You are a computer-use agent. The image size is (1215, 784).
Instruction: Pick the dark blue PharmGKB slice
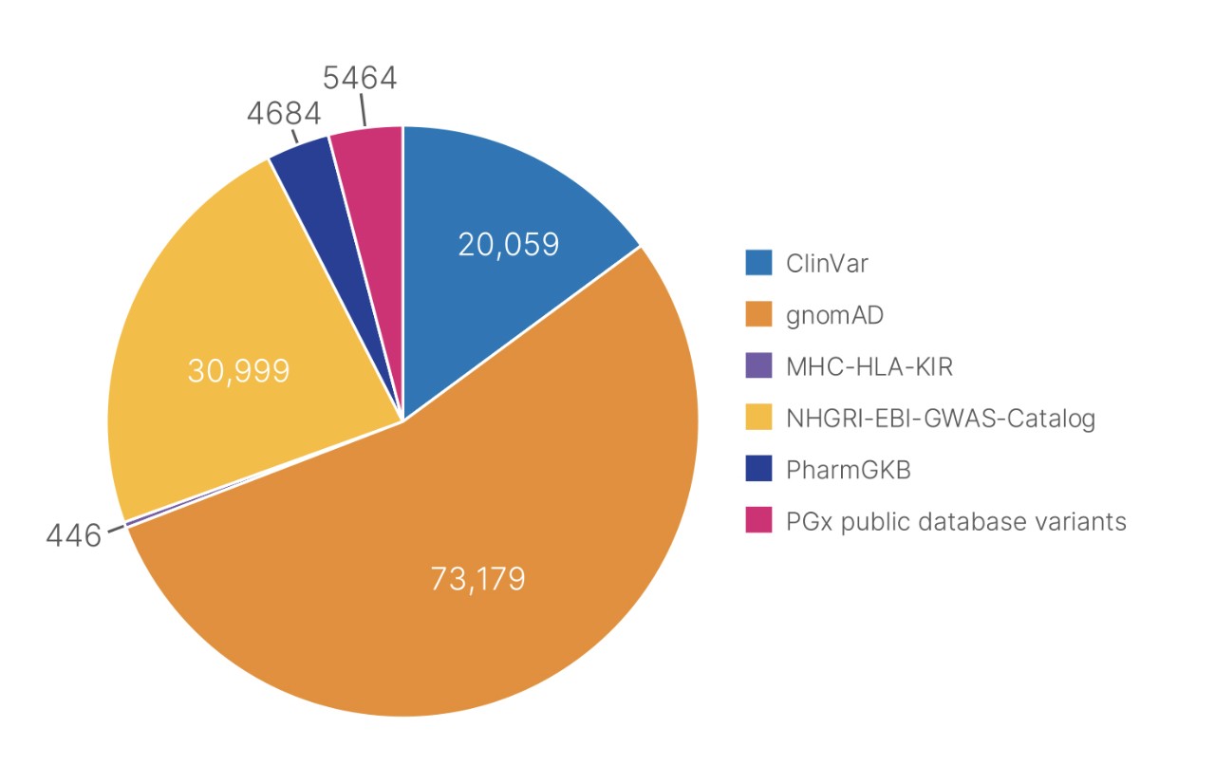[308, 171]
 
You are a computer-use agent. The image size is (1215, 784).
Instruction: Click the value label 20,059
[508, 244]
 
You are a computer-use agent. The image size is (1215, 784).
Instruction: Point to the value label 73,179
[477, 579]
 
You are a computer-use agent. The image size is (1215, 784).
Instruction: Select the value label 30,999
[238, 370]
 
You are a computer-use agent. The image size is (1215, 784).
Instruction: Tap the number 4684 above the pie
[284, 113]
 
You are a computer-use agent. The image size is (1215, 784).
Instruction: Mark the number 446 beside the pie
[73, 536]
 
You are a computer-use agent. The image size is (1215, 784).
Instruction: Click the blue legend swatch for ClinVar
[758, 263]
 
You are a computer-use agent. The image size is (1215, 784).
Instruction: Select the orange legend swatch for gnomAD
[758, 314]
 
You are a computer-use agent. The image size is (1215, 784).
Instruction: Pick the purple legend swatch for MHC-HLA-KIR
[758, 366]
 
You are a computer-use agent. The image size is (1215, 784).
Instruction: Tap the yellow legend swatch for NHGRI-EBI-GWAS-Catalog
[758, 418]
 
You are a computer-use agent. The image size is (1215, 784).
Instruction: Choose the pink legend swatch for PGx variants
[758, 521]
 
